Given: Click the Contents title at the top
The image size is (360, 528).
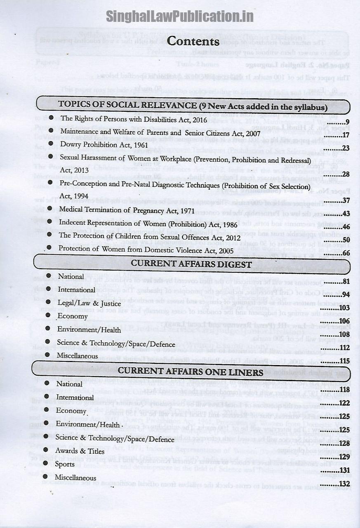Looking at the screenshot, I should click(x=193, y=41).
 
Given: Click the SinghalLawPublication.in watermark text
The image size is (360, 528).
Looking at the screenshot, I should click(x=179, y=16).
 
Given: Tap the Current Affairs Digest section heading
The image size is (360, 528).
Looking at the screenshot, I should click(x=191, y=264).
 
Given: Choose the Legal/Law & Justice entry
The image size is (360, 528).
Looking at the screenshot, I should click(x=89, y=303).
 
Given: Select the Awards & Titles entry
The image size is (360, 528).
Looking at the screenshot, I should click(x=80, y=451).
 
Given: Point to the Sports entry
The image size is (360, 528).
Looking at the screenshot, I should click(x=65, y=464).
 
